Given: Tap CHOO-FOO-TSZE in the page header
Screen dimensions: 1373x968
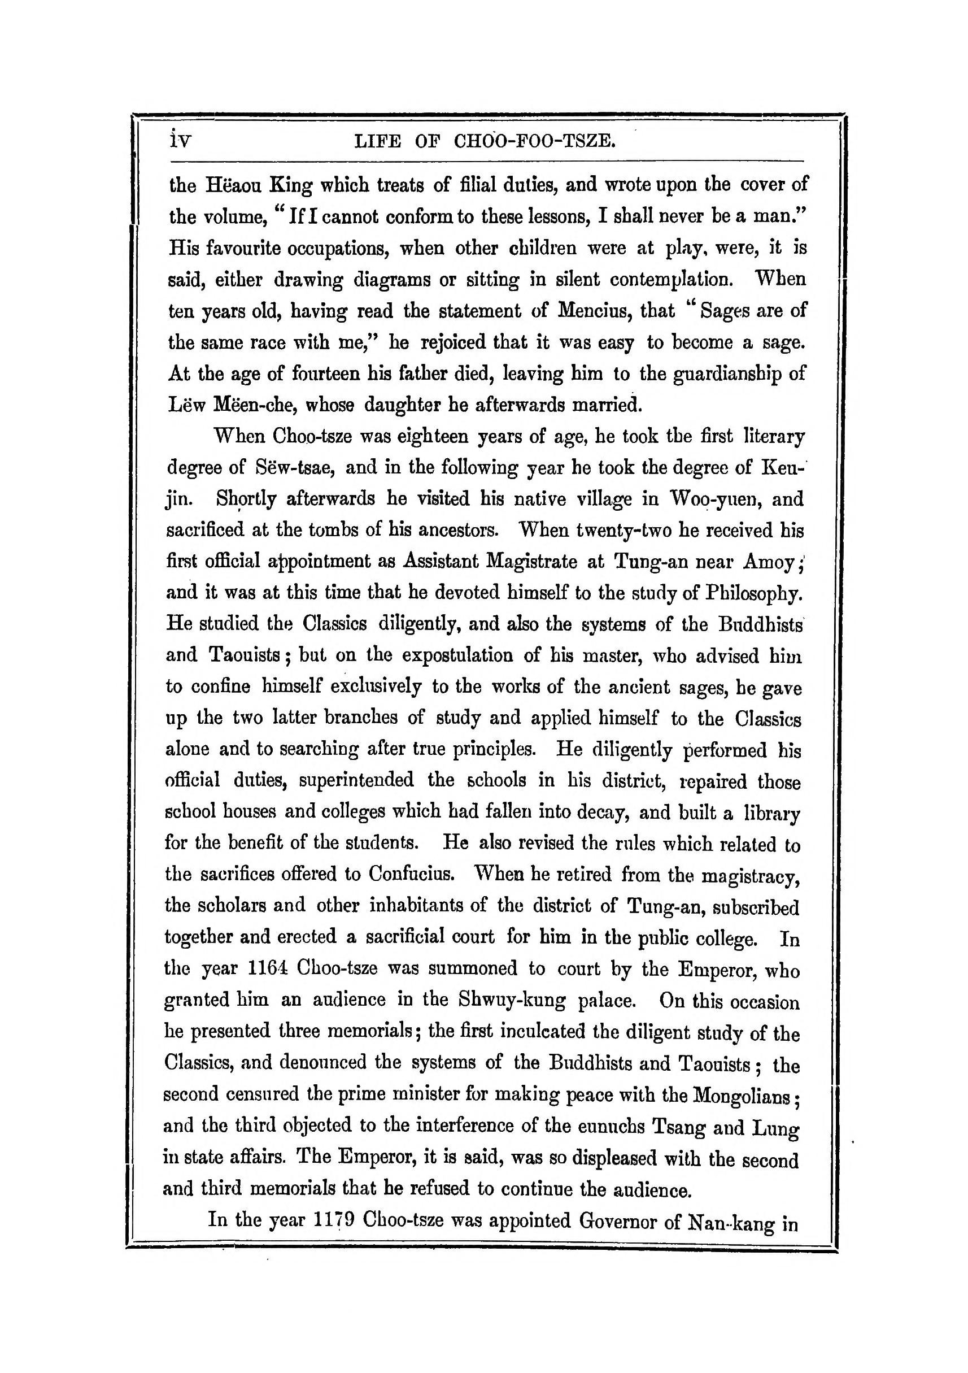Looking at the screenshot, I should tap(534, 142).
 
